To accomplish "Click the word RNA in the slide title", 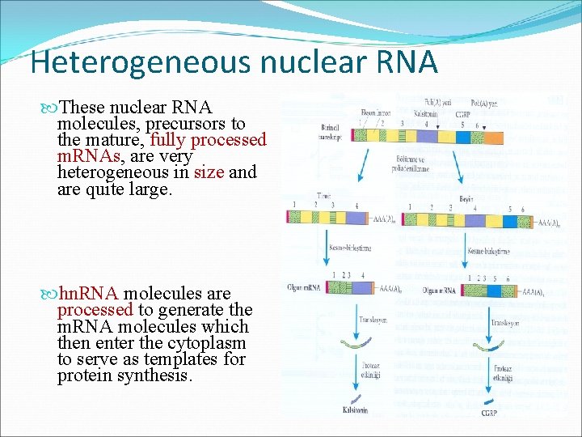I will [404, 62].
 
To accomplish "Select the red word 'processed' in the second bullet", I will [95, 310].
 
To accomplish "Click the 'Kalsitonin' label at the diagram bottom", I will [354, 410].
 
